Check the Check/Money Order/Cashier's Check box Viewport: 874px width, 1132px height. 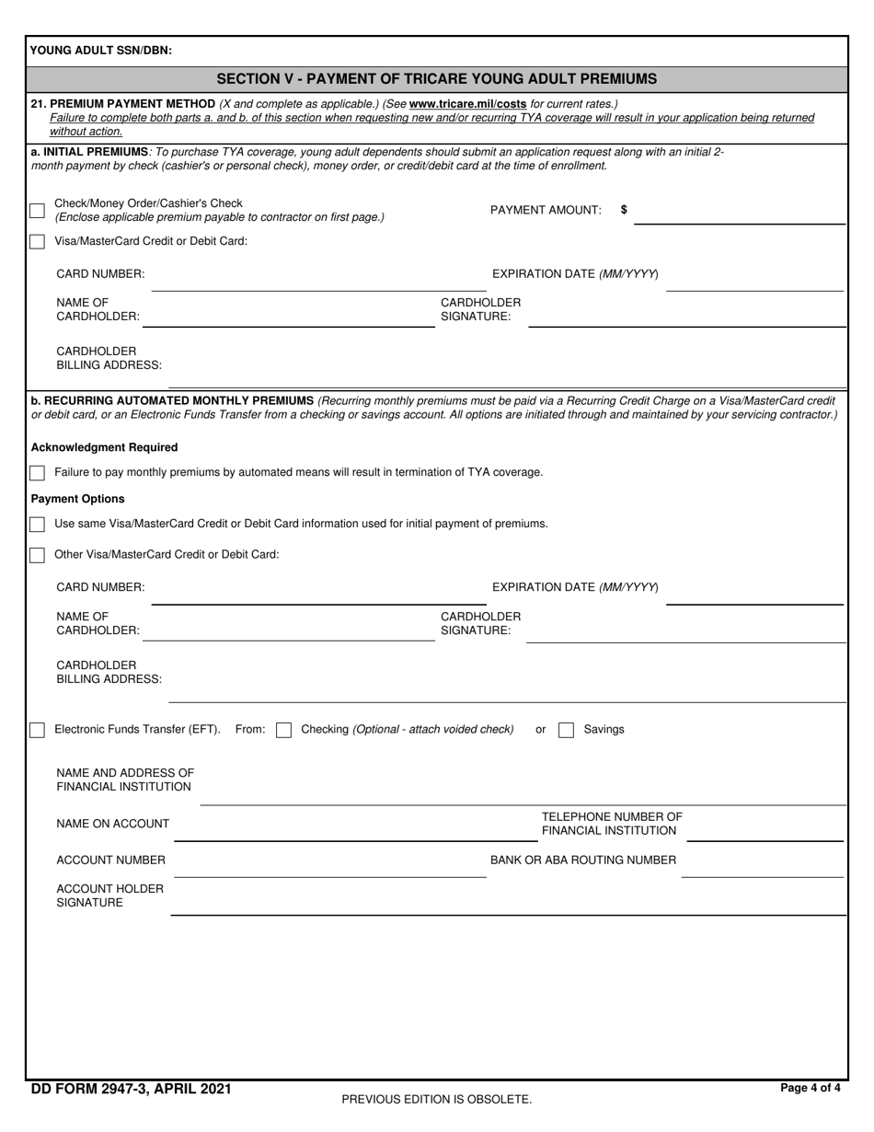point(37,211)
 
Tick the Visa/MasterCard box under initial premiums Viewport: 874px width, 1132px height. point(37,242)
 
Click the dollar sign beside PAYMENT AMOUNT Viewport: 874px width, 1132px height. point(625,210)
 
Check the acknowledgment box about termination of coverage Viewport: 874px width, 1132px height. point(37,473)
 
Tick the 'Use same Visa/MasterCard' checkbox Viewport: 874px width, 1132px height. point(37,525)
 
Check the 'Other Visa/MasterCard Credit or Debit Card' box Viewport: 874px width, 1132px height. point(37,555)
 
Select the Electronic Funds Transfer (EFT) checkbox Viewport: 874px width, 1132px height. point(37,730)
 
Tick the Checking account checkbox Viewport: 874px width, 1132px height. point(284,730)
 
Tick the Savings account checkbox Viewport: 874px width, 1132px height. point(567,730)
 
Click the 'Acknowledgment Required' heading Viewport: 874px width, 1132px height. point(105,447)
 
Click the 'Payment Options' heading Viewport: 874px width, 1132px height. point(78,499)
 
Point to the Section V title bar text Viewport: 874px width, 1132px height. point(437,78)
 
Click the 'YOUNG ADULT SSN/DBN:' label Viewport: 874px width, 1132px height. point(101,51)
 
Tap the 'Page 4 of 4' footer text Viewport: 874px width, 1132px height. point(810,1088)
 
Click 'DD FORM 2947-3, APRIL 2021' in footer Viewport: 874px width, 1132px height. point(132,1089)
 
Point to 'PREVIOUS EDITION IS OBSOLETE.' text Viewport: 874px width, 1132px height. point(437,1099)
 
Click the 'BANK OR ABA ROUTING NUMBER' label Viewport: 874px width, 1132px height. point(583,861)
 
